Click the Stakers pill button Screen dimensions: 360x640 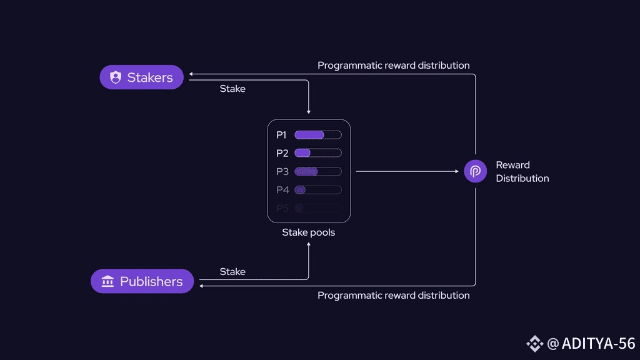[142, 77]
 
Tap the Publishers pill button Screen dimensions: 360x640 [142, 281]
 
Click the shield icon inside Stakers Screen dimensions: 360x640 [115, 77]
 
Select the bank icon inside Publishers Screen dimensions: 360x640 [107, 281]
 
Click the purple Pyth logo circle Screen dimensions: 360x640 [476, 171]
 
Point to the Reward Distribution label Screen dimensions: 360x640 [522, 171]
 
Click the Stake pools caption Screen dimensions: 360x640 [309, 232]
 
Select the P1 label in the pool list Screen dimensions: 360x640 [281, 135]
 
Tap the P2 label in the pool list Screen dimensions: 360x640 [282, 153]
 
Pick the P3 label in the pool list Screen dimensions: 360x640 [282, 171]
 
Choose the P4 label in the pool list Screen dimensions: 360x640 [282, 190]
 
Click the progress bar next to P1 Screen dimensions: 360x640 [317, 135]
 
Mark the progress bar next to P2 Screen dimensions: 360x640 [317, 153]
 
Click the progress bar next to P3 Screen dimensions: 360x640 [317, 171]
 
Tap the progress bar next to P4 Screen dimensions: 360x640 [317, 190]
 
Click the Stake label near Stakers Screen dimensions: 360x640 [232, 89]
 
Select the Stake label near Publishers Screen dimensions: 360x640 [232, 272]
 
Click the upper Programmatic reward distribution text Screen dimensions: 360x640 [394, 66]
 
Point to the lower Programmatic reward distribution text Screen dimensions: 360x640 [394, 295]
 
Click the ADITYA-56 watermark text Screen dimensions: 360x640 [598, 343]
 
